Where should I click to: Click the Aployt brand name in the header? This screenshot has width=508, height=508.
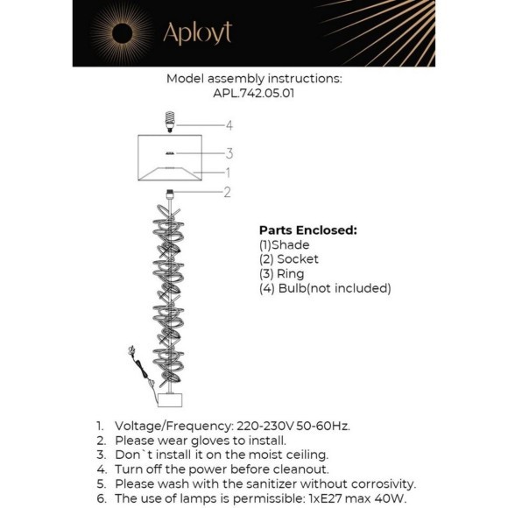point(196,32)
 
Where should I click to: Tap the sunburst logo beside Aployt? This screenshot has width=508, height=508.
point(122,33)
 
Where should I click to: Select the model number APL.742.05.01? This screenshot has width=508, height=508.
point(254,93)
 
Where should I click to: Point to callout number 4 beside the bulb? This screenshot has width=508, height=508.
point(229,125)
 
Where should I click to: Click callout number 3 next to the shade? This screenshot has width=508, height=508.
point(229,153)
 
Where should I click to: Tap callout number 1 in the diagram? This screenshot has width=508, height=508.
point(227,173)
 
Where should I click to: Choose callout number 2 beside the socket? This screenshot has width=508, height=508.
point(227,192)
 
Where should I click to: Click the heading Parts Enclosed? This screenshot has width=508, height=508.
point(307,230)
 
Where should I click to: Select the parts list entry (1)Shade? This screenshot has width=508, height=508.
point(285,245)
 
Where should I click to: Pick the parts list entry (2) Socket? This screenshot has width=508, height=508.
point(289,259)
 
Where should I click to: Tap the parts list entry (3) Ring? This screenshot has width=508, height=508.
point(282,273)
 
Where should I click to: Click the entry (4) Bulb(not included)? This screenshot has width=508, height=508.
point(325,287)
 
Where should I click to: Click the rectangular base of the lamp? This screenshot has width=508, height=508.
point(172,399)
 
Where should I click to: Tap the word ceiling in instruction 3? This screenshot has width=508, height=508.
point(303,455)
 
